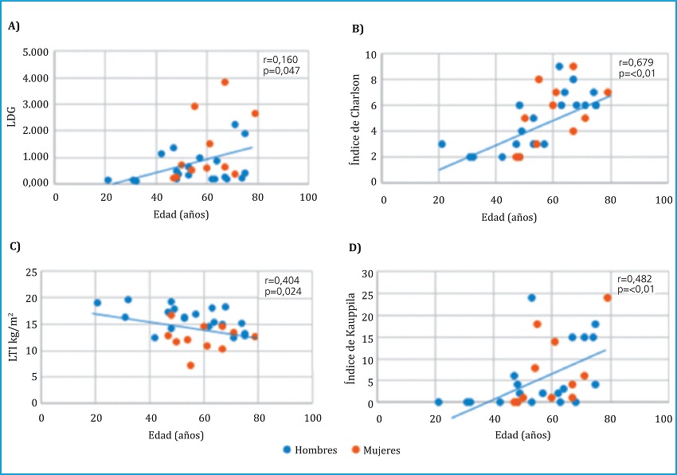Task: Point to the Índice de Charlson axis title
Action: click(356, 119)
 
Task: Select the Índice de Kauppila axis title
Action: click(356, 338)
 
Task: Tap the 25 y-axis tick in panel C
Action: click(32, 273)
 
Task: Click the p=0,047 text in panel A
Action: click(282, 71)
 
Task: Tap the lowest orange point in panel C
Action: click(191, 365)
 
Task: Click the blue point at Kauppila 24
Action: click(531, 298)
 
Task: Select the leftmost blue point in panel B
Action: click(441, 144)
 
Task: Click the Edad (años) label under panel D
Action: click(522, 435)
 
